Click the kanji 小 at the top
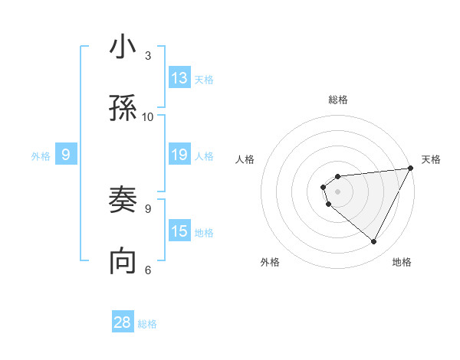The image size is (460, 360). (123, 47)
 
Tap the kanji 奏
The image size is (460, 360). (123, 201)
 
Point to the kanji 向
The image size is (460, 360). (123, 261)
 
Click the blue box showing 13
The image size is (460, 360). (179, 78)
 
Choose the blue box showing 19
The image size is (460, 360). (179, 155)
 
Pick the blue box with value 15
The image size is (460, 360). (179, 231)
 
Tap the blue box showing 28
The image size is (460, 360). (123, 322)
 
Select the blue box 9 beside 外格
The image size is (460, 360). (66, 155)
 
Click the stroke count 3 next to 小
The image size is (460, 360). (147, 56)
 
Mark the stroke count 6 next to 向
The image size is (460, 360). (147, 270)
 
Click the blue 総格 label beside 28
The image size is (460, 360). (147, 324)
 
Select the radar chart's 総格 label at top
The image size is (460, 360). (338, 100)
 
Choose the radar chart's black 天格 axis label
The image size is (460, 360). (431, 159)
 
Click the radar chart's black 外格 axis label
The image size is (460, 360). (270, 262)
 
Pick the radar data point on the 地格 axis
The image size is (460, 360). (373, 241)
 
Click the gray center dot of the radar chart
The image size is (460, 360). (337, 191)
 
